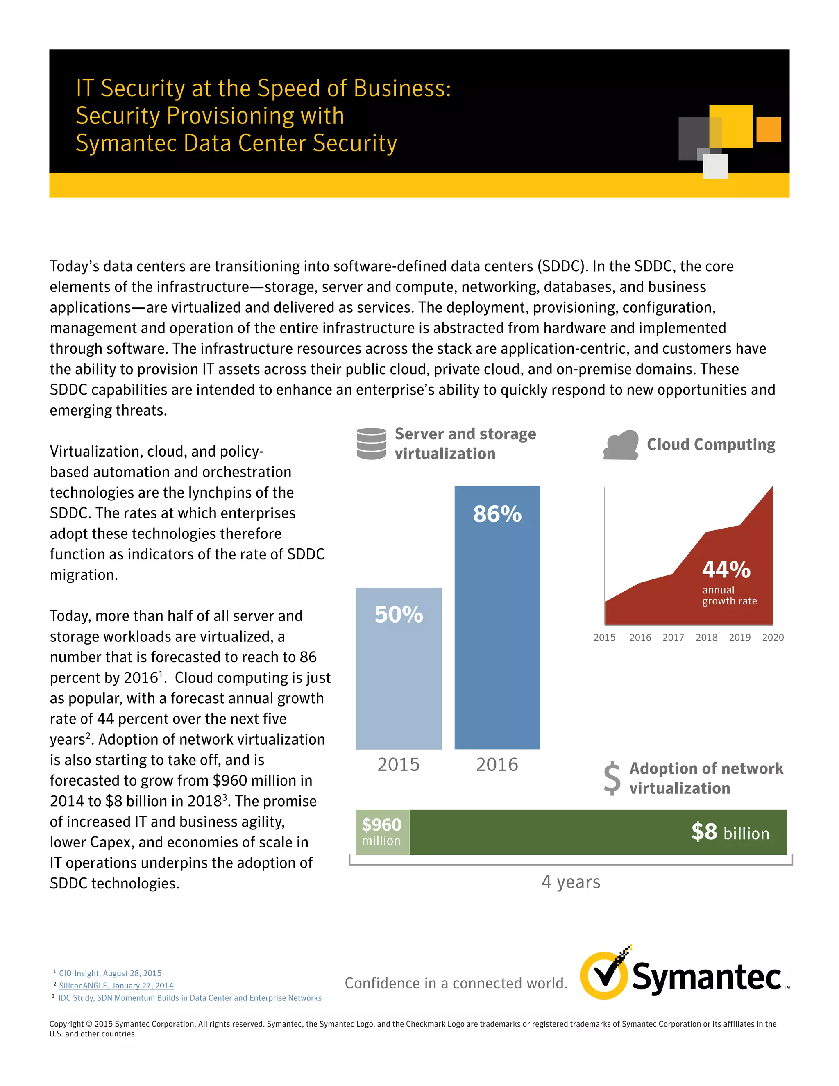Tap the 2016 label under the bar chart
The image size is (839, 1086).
click(x=497, y=764)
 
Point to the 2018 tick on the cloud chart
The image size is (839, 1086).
click(x=706, y=638)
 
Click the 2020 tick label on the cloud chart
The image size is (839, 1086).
click(x=773, y=638)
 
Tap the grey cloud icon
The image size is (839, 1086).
click(x=621, y=445)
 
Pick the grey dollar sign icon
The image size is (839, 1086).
click(x=612, y=778)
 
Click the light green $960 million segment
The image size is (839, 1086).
click(x=382, y=832)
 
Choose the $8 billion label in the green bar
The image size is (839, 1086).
click(x=730, y=832)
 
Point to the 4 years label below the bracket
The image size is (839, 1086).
click(x=571, y=882)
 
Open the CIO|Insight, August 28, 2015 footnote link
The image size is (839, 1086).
click(x=110, y=973)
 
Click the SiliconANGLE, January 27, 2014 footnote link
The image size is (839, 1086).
click(x=116, y=986)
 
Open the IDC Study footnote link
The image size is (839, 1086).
click(x=190, y=998)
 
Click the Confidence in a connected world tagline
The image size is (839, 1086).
click(x=456, y=983)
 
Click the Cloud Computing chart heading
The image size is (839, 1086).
click(x=711, y=445)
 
